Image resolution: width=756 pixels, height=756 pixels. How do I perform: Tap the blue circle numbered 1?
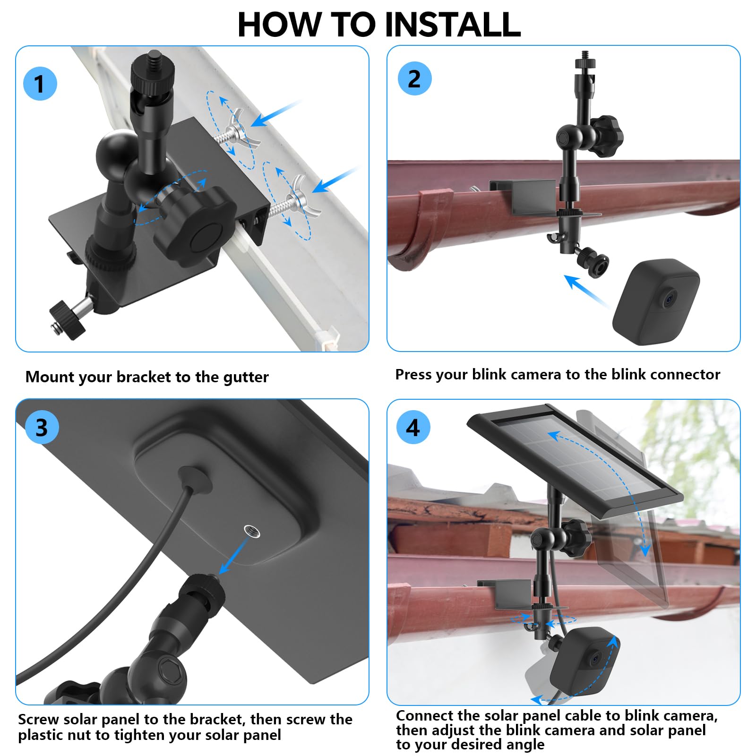pyautogui.click(x=40, y=84)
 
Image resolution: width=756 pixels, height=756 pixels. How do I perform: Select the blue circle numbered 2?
pyautogui.click(x=414, y=79)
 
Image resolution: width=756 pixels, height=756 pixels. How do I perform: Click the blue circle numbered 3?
pyautogui.click(x=42, y=428)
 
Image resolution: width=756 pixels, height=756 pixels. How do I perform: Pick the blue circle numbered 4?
pyautogui.click(x=413, y=428)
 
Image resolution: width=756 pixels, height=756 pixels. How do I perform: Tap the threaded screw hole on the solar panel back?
pyautogui.click(x=252, y=531)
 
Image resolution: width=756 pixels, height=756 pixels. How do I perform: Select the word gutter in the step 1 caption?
pyautogui.click(x=246, y=377)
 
